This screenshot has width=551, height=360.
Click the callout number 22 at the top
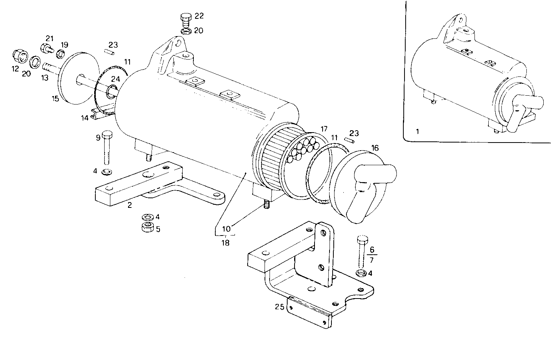[199, 16]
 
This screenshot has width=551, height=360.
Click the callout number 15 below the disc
[55, 99]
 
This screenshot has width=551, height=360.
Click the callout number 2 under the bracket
[130, 205]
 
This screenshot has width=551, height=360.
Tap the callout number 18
[225, 243]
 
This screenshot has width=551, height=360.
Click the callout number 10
[226, 229]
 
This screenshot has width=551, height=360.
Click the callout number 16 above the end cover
[375, 148]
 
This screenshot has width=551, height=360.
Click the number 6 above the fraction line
[371, 249]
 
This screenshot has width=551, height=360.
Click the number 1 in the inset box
[417, 131]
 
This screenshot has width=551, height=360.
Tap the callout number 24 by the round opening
[115, 79]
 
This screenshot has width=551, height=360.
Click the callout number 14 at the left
[85, 118]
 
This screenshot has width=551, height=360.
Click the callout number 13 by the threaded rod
[45, 77]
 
